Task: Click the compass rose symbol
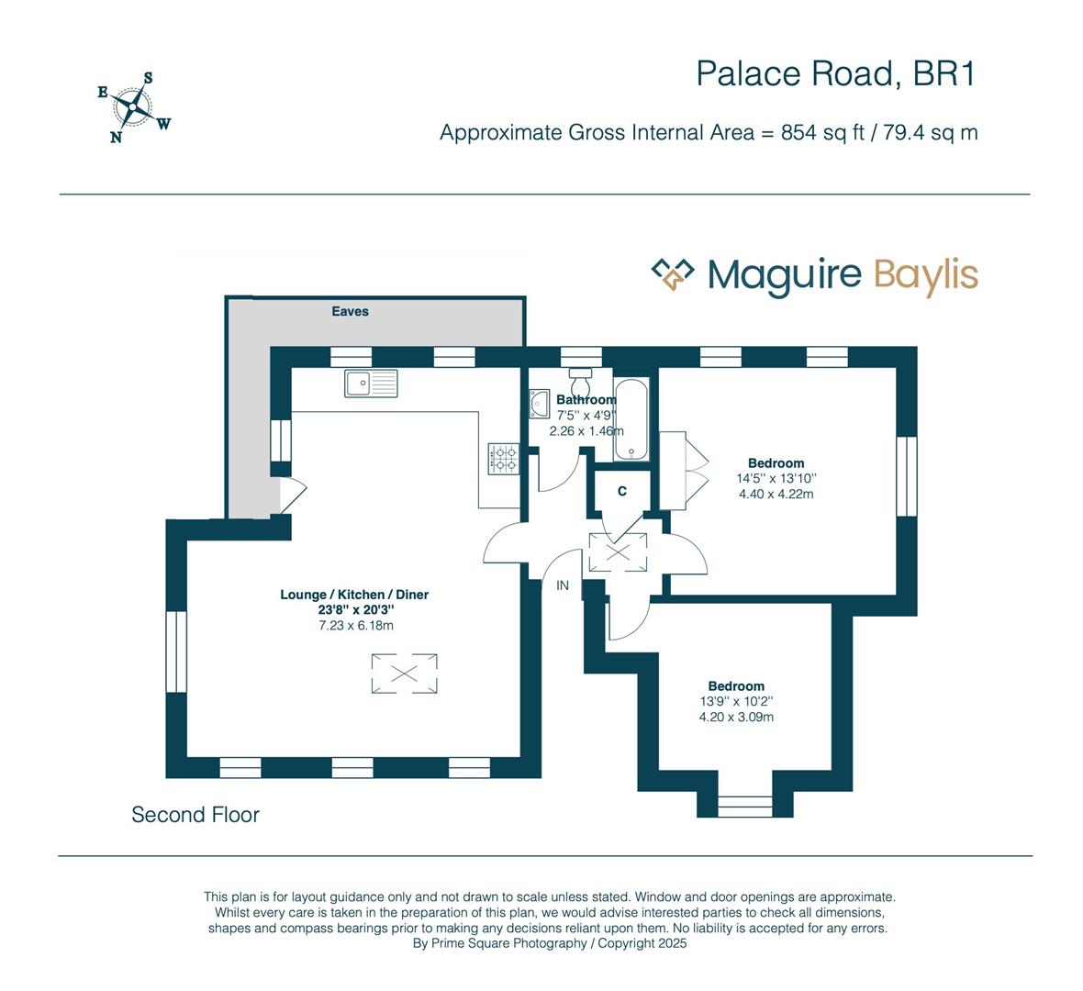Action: coord(135,108)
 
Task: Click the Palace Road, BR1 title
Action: coord(834,73)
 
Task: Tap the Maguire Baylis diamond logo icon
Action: coord(672,273)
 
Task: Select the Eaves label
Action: coord(350,311)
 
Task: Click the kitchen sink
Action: coord(371,383)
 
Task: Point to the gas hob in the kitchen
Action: coord(504,458)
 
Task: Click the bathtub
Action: coord(631,420)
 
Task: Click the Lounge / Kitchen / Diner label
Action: coord(354,595)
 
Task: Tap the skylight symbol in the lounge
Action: coord(404,674)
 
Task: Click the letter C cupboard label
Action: coord(622,492)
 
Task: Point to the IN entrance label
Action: coord(563,585)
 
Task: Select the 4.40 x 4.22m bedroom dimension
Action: coord(776,494)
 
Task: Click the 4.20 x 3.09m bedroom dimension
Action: coord(736,717)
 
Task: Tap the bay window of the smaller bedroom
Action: coord(744,806)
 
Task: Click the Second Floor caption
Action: coord(195,815)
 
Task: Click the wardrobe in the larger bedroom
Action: coord(673,471)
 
